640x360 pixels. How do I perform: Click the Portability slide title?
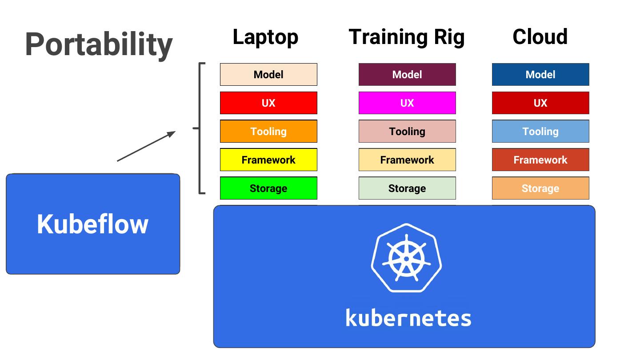coord(99,44)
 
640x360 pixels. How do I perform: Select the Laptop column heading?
coord(265,37)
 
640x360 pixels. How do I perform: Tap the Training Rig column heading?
coord(406,37)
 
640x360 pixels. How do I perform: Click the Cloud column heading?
coord(540,37)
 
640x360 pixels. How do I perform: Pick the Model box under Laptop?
coord(268,75)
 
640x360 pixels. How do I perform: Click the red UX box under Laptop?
coord(268,103)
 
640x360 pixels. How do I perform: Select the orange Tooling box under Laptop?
coord(268,132)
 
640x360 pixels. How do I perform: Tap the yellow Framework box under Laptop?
coord(268,160)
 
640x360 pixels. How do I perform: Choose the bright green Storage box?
coord(268,188)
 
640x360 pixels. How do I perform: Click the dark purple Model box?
coord(407,75)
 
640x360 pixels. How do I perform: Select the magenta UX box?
coord(407,103)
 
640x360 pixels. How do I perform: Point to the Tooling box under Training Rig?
coord(407,132)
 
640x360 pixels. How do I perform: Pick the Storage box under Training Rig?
coord(407,188)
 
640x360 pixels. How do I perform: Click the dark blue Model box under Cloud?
coord(540,75)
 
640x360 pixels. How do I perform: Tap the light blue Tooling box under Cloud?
coord(540,132)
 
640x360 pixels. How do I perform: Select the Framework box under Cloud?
coord(540,160)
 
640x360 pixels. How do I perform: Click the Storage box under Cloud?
coord(540,188)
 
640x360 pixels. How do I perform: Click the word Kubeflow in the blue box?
coord(92,224)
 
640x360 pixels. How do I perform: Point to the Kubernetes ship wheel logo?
coord(406,258)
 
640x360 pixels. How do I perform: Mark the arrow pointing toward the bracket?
coord(146,146)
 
